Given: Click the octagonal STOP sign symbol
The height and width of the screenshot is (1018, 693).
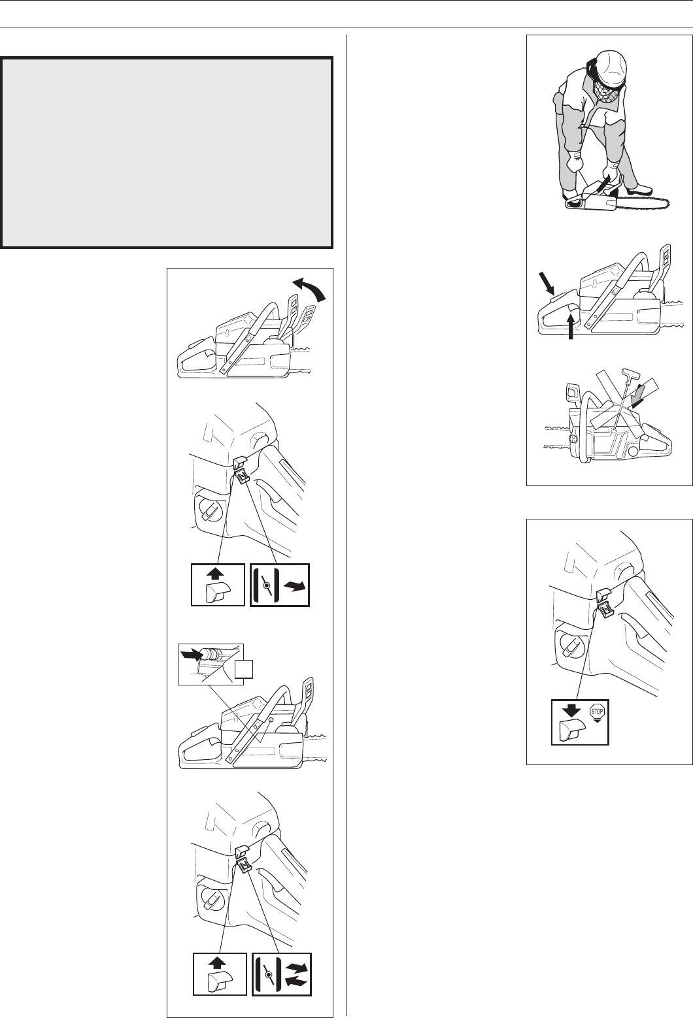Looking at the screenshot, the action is (597, 712).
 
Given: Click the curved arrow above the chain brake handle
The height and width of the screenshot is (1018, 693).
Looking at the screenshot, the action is (309, 289).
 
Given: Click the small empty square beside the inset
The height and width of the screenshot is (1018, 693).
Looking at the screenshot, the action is (244, 670).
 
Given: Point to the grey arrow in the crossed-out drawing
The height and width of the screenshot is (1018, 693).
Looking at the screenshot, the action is (641, 393).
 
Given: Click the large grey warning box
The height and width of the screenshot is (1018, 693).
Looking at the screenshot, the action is (167, 152).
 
